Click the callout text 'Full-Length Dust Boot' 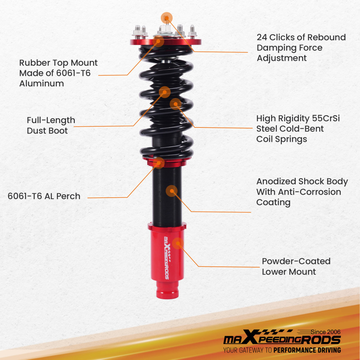[x=51, y=125]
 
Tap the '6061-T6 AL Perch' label [x=44, y=196]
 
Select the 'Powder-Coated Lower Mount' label [x=296, y=266]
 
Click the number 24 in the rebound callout [x=262, y=37]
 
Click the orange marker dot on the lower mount [x=177, y=243]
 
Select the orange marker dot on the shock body [x=172, y=191]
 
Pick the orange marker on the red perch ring [x=158, y=163]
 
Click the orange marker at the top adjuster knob [x=167, y=17]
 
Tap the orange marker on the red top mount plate [x=158, y=41]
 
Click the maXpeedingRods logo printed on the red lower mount [x=166, y=258]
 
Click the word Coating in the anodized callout [x=273, y=202]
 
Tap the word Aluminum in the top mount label [x=41, y=84]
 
